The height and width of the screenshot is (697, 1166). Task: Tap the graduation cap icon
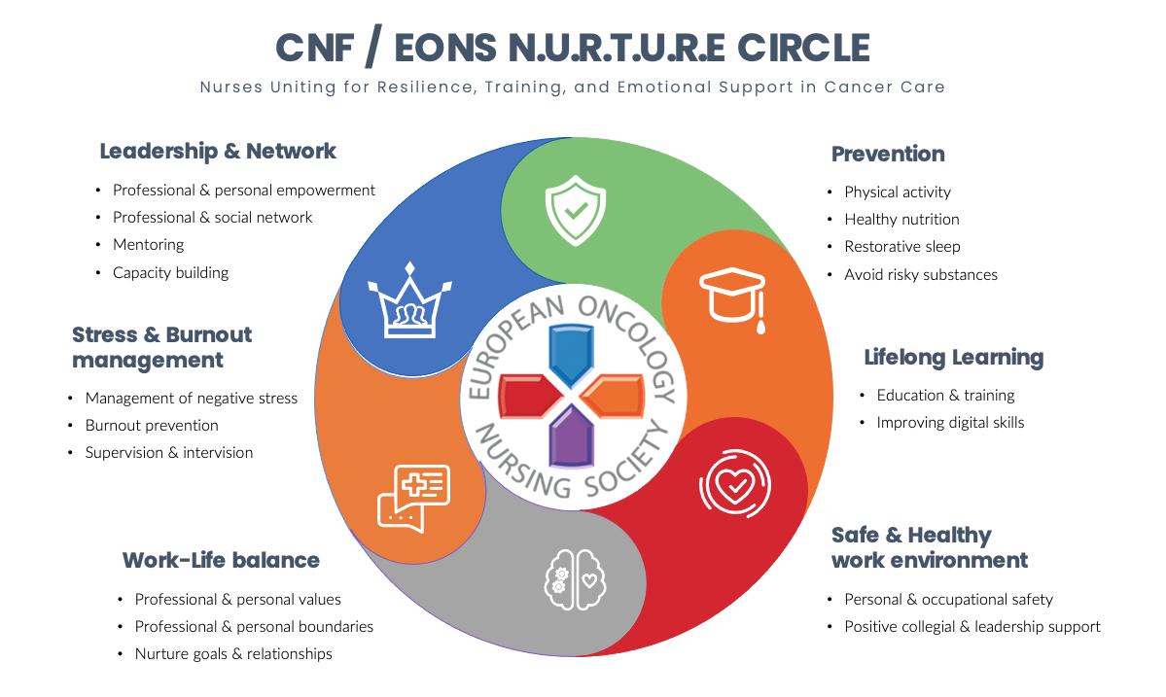pyautogui.click(x=731, y=297)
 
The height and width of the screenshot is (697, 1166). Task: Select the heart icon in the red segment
pyautogui.click(x=729, y=483)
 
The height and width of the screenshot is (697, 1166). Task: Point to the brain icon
pyautogui.click(x=575, y=578)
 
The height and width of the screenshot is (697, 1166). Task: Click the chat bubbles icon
pyautogui.click(x=413, y=498)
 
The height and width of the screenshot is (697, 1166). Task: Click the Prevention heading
pyautogui.click(x=888, y=154)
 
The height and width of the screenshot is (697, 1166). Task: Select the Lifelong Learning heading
pyautogui.click(x=953, y=358)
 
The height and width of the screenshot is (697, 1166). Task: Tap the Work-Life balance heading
pyautogui.click(x=221, y=560)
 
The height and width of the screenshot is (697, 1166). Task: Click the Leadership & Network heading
pyautogui.click(x=218, y=151)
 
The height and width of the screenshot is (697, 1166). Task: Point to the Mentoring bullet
pyautogui.click(x=148, y=245)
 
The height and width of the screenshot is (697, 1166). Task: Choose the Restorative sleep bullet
pyautogui.click(x=901, y=247)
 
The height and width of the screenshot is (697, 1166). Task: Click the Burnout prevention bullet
pyautogui.click(x=152, y=426)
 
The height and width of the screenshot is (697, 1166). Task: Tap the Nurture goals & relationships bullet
pyautogui.click(x=233, y=654)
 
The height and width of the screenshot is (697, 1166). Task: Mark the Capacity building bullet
pyautogui.click(x=170, y=272)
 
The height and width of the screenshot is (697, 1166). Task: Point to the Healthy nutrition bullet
pyautogui.click(x=901, y=220)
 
